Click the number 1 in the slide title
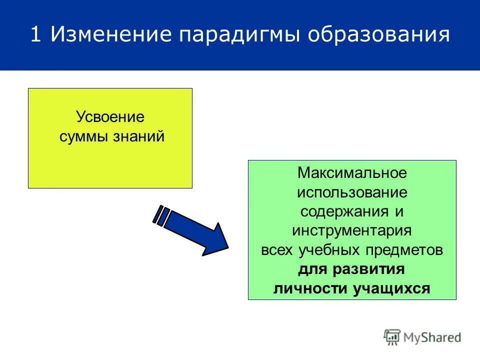coord(35,35)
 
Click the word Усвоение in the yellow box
coord(110,117)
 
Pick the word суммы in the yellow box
coord(80,136)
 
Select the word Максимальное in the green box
coord(352,173)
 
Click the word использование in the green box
coord(352,192)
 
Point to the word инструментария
coord(352,230)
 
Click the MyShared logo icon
coord(392,336)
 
